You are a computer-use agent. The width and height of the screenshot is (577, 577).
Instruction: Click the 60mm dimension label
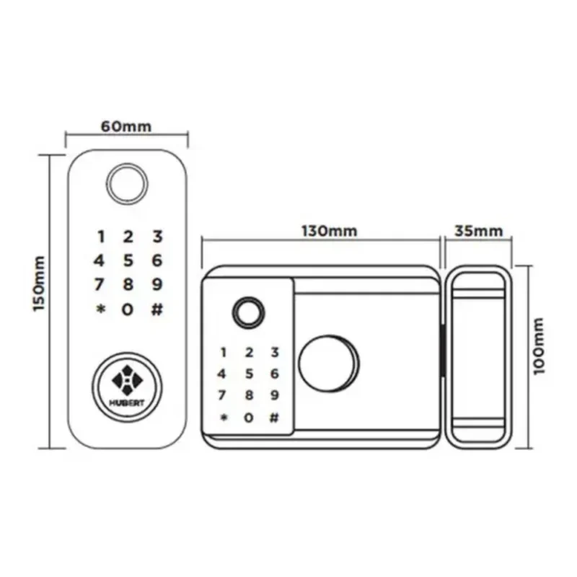click(125, 126)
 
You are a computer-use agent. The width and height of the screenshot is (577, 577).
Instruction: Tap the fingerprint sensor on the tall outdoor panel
click(127, 182)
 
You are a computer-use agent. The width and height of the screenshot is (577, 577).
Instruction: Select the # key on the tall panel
click(157, 310)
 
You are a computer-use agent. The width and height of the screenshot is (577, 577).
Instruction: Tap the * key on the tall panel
click(100, 310)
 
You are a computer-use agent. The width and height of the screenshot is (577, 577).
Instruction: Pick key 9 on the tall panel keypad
click(157, 285)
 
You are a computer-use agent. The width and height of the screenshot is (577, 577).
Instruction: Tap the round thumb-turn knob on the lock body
click(328, 364)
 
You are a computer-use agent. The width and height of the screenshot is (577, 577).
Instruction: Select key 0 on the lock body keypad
click(249, 418)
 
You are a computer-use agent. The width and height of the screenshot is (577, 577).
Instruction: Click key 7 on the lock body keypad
click(222, 395)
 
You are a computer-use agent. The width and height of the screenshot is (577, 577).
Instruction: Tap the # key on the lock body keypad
click(273, 418)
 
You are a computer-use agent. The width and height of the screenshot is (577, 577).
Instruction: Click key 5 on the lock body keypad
click(249, 374)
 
